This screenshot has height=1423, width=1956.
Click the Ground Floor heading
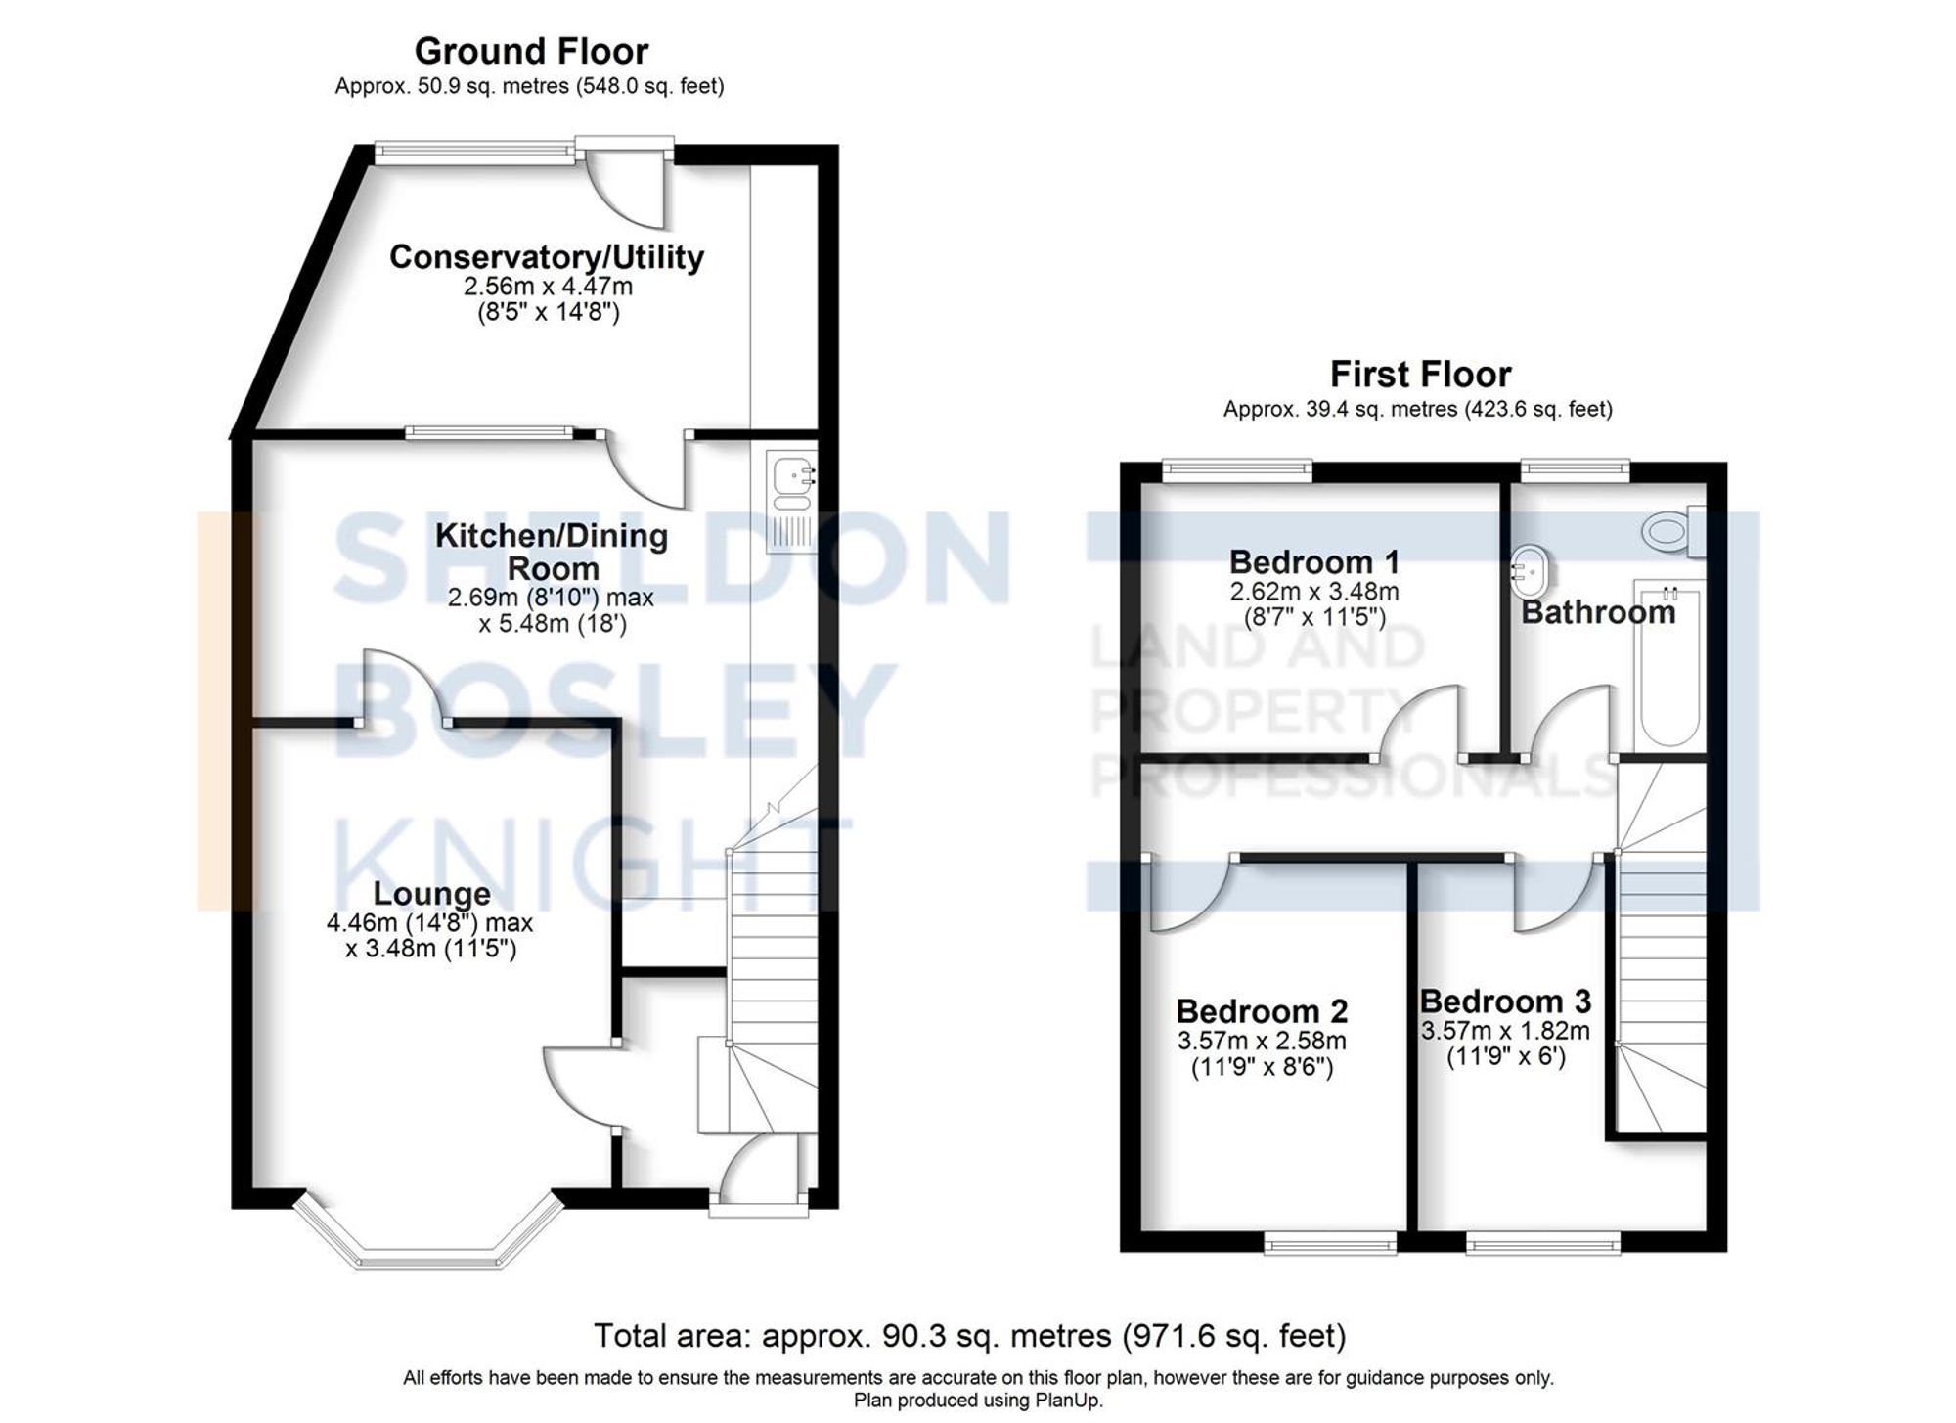[531, 51]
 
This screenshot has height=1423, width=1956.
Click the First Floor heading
[1420, 375]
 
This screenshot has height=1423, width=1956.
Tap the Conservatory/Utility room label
[547, 257]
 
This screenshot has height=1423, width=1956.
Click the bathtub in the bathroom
[1668, 665]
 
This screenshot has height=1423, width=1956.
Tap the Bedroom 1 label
[1313, 562]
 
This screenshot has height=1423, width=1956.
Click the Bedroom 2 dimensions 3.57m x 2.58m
[1262, 1041]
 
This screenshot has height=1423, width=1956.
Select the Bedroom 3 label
[1504, 1001]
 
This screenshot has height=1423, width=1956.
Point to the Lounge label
[431, 894]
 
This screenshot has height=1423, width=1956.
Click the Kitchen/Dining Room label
[551, 552]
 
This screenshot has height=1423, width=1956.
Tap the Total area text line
[969, 1335]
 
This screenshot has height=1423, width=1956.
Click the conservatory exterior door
[626, 186]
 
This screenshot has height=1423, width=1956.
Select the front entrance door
[758, 1174]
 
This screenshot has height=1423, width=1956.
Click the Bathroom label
[1598, 613]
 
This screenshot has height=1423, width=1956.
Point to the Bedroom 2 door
[1185, 895]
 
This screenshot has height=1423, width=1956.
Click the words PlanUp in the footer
[1072, 1401]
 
